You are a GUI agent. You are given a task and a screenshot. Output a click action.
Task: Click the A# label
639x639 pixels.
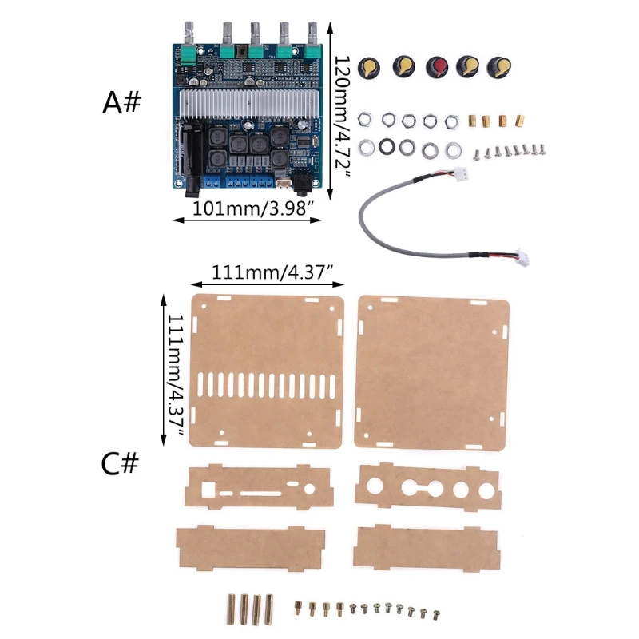[x=122, y=101]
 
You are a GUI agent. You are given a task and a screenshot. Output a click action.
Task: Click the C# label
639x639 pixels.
[x=121, y=463]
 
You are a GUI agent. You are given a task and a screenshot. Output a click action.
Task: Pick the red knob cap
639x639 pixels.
[x=437, y=67]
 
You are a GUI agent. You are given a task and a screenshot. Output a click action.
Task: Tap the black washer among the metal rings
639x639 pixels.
[x=390, y=147]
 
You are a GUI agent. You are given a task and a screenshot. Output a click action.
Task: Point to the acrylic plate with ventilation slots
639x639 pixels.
[x=266, y=372]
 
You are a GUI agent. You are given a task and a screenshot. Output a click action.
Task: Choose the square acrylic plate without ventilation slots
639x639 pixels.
[x=432, y=372]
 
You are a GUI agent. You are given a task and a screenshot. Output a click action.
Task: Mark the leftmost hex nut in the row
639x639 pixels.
[x=364, y=121]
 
